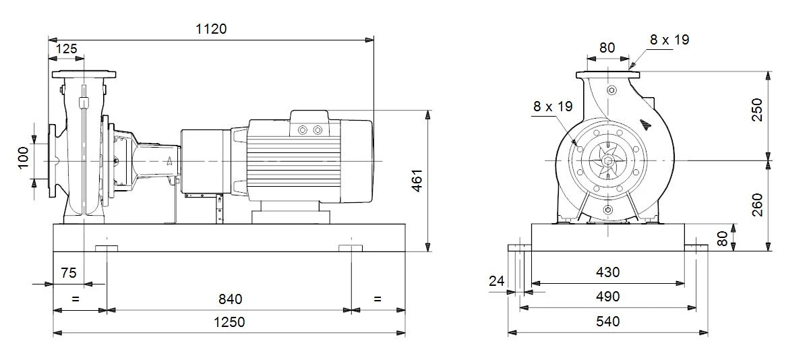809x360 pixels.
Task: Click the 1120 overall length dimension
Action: click(x=211, y=29)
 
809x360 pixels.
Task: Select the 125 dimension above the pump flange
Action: click(x=67, y=49)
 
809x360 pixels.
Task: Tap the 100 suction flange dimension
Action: click(x=23, y=158)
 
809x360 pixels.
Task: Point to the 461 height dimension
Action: click(x=417, y=181)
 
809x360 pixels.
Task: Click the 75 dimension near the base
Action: click(x=69, y=273)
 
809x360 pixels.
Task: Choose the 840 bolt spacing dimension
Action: click(x=231, y=299)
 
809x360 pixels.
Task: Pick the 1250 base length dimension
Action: click(x=229, y=322)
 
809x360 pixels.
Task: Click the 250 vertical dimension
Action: click(x=756, y=110)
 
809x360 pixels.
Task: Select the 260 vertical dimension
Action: click(x=756, y=205)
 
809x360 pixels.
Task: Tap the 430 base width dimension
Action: click(x=608, y=272)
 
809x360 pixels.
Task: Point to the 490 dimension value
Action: click(x=608, y=297)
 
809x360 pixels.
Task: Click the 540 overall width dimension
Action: click(x=608, y=321)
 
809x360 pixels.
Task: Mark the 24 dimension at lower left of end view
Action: click(x=497, y=281)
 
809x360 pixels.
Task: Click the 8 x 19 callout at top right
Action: click(x=669, y=40)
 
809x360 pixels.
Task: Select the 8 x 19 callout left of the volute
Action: click(x=553, y=107)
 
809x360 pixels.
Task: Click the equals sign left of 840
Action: click(x=75, y=299)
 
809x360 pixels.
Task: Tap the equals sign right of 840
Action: click(x=378, y=299)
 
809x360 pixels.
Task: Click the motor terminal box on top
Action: click(x=309, y=123)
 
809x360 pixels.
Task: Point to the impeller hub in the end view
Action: click(x=608, y=160)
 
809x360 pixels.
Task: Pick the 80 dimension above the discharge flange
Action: click(x=607, y=48)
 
